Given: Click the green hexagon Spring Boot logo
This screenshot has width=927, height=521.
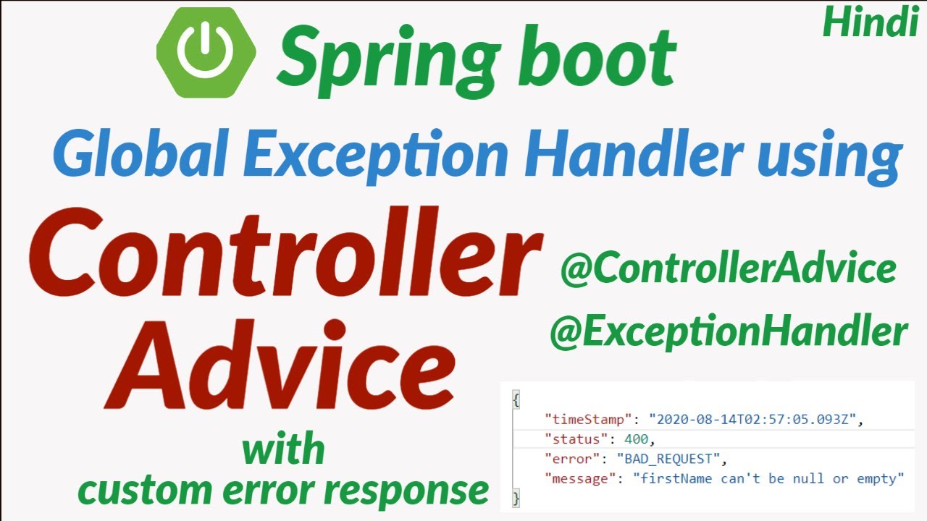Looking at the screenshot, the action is click(x=206, y=53).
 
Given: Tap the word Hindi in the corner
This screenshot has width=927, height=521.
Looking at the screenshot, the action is click(x=871, y=22).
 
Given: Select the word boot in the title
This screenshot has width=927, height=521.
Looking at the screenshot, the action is click(x=597, y=56).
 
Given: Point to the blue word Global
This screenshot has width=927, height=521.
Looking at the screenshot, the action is click(x=140, y=153).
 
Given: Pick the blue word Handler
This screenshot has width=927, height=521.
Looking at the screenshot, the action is click(x=633, y=153).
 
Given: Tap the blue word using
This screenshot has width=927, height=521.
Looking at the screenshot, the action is click(x=830, y=157).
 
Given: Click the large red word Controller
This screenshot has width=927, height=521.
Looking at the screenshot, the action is click(x=285, y=253).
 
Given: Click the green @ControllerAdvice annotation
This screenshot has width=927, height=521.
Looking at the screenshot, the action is click(x=729, y=268).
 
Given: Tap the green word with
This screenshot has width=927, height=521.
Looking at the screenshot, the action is click(x=283, y=449).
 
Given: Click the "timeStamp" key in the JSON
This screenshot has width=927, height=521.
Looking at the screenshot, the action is click(x=588, y=420).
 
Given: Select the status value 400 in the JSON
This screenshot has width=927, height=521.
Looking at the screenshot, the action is click(x=636, y=439).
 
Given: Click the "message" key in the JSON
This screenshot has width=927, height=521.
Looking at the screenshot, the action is click(x=580, y=479).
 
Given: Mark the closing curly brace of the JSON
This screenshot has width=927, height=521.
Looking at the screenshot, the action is click(x=516, y=498).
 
